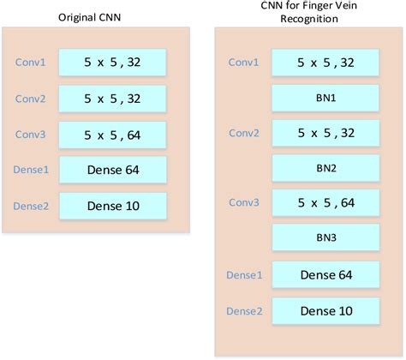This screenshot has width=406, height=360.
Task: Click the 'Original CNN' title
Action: tap(88, 17)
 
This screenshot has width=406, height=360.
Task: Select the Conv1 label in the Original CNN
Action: tap(32, 63)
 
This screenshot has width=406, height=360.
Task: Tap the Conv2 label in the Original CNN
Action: tap(32, 98)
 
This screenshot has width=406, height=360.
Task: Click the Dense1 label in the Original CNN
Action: tap(32, 170)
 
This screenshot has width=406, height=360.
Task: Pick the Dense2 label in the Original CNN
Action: tap(32, 205)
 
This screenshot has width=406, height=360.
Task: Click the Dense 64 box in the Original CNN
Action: tap(111, 170)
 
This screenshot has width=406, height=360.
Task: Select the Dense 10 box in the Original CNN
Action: tap(111, 205)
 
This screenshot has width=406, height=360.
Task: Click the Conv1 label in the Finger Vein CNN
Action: tap(245, 63)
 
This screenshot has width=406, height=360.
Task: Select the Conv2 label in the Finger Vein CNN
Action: tap(245, 133)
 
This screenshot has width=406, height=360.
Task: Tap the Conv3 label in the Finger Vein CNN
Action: tap(245, 203)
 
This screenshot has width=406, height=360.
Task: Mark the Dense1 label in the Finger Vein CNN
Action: tap(245, 275)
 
